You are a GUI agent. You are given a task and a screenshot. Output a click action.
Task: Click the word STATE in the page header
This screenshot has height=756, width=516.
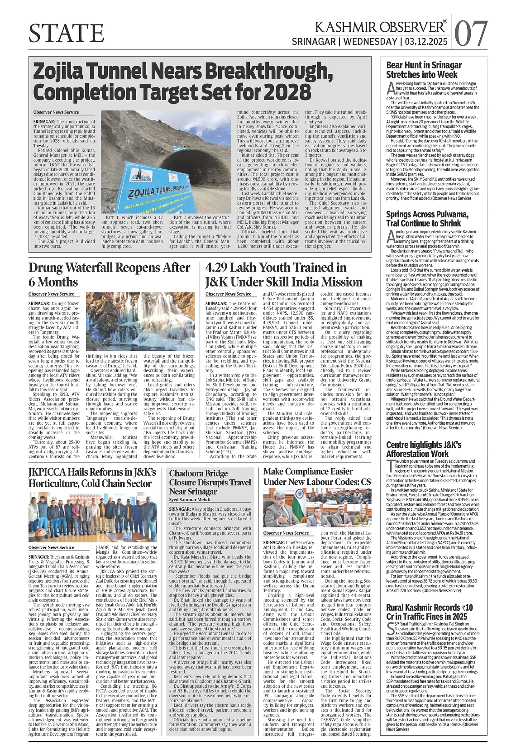[67, 33]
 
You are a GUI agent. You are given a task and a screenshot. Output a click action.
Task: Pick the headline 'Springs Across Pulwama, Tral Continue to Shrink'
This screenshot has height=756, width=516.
[427, 219]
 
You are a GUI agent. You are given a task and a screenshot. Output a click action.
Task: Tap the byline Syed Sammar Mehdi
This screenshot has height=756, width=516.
[190, 500]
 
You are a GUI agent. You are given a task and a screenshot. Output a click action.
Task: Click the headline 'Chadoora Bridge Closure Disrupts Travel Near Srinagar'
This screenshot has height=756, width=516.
[210, 482]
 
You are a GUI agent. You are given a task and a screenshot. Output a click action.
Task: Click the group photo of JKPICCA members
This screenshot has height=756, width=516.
[92, 517]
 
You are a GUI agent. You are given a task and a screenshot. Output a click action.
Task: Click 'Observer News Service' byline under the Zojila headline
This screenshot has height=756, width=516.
[56, 112]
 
